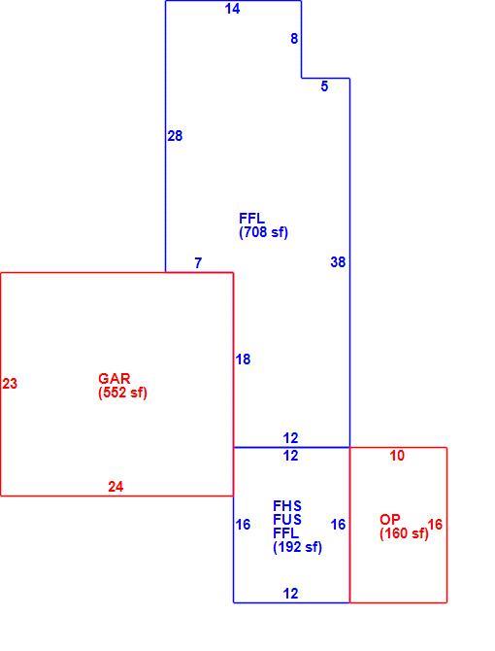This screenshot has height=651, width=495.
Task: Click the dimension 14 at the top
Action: (232, 9)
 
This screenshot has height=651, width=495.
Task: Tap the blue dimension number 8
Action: (294, 39)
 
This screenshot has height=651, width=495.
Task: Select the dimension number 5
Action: (324, 86)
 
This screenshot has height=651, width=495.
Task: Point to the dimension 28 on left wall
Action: (175, 136)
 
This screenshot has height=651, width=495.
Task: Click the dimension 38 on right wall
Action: (338, 262)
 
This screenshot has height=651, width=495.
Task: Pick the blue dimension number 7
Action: (198, 262)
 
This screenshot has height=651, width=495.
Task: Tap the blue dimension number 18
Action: (243, 360)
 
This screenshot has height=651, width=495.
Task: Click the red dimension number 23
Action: (10, 383)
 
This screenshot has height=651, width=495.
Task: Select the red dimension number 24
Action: (115, 486)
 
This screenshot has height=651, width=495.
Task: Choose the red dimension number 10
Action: (397, 456)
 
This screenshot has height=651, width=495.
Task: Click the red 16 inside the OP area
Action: (435, 525)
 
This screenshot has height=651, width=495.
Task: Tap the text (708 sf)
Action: (263, 232)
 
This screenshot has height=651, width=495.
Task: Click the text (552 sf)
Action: (122, 393)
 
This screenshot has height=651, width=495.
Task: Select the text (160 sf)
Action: (404, 533)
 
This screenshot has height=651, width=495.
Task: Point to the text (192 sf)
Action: (297, 547)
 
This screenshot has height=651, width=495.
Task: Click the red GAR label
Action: (115, 379)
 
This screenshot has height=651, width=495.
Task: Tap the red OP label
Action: (390, 520)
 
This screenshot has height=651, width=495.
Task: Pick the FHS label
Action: (287, 505)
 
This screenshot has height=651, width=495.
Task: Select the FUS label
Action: (287, 520)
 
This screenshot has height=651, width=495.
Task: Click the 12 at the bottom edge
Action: (290, 594)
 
